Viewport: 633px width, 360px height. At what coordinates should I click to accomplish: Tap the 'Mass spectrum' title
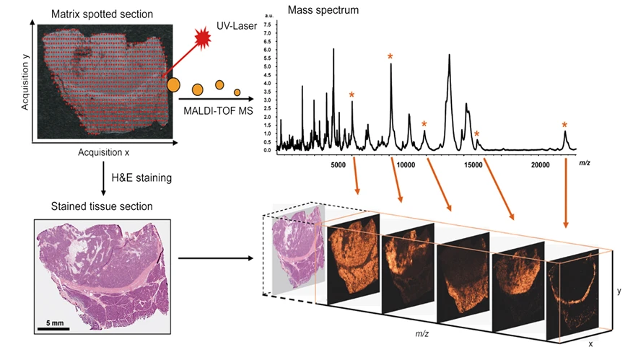tap(318, 9)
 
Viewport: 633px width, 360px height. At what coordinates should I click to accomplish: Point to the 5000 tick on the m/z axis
tap(339, 164)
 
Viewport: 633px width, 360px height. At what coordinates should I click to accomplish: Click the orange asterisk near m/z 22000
tap(565, 125)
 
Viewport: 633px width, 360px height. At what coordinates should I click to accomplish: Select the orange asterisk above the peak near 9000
tap(390, 57)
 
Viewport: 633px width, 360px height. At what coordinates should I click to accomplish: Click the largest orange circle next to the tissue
tap(173, 84)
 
